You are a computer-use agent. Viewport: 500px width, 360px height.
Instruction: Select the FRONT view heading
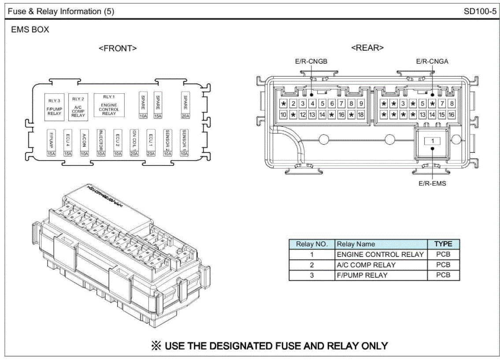pos(118,48)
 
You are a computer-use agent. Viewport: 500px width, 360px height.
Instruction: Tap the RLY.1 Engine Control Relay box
pos(109,105)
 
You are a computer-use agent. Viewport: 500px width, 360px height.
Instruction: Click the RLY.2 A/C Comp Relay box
pos(78,106)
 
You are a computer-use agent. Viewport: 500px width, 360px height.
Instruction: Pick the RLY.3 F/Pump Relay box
pos(54,106)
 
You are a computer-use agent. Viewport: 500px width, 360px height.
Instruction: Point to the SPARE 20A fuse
pos(185,105)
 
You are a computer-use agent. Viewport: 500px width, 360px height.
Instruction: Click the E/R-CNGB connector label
pos(311,62)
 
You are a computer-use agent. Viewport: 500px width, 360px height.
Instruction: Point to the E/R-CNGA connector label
pos(432,62)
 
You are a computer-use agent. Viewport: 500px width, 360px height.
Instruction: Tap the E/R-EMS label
pos(432,183)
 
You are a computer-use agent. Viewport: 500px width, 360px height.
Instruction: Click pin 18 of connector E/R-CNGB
pos(361,115)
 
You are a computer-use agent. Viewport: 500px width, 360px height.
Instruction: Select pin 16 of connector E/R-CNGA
pos(451,115)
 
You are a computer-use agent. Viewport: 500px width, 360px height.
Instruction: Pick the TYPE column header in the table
pos(443,244)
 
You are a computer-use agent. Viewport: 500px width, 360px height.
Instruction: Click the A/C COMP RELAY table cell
pos(366,265)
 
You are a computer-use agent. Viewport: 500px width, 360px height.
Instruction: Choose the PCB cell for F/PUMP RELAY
pos(443,276)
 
